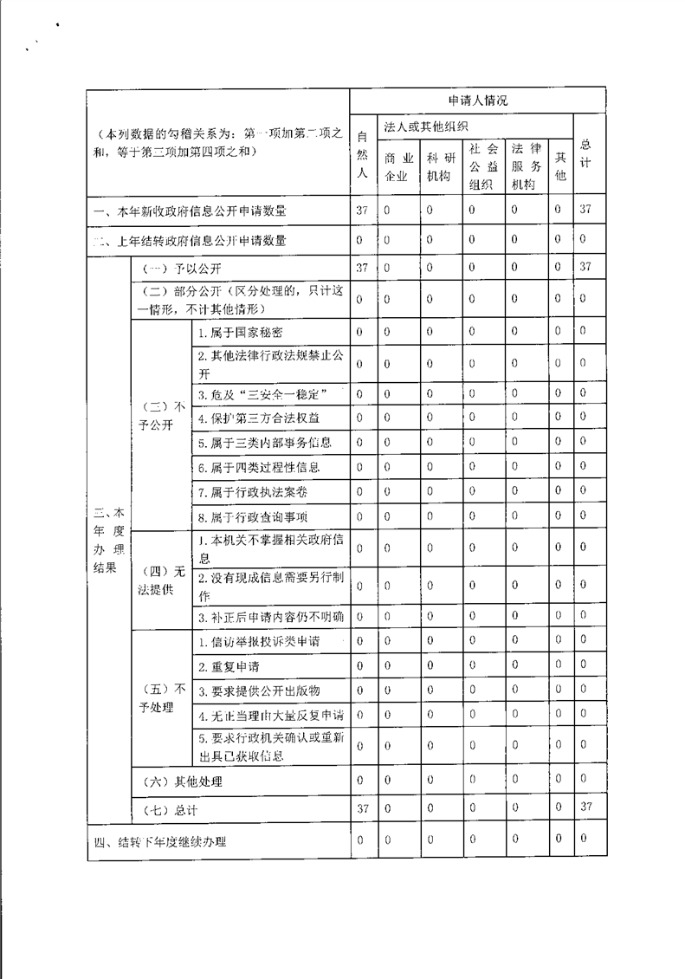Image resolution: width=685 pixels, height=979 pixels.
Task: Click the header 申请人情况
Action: coord(478,100)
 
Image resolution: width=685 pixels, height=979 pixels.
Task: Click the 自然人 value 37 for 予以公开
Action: coord(362,267)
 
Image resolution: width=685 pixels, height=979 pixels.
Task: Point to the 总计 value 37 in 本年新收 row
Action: coord(585,210)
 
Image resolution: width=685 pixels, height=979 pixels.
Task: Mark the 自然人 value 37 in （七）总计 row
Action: coord(362,808)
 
